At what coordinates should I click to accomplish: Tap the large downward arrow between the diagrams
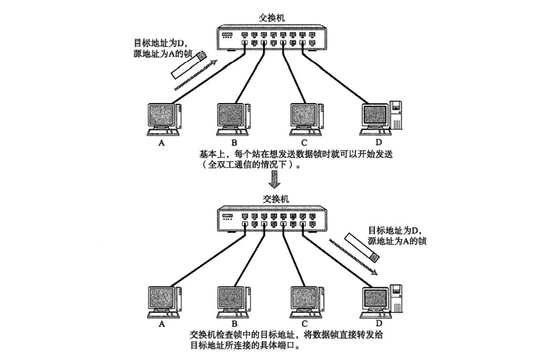[275, 180]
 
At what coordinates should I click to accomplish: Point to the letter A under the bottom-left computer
[162, 324]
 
